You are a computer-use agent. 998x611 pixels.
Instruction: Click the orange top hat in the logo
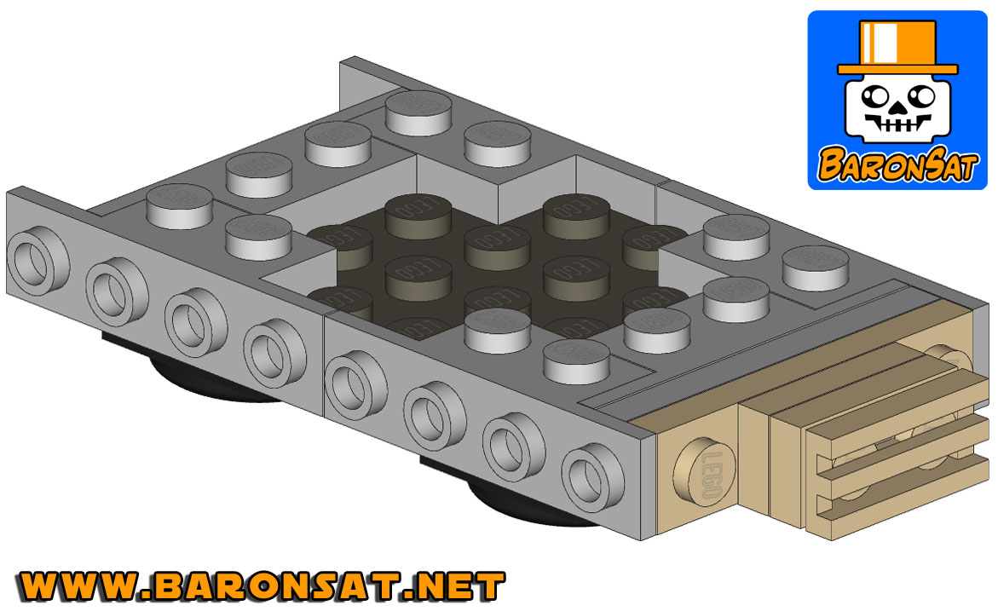click(x=897, y=48)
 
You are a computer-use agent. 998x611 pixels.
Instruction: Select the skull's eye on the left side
click(x=875, y=97)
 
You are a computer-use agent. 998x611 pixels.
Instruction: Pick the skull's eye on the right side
click(x=920, y=97)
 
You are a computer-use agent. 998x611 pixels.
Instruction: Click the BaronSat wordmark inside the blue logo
click(x=897, y=165)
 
